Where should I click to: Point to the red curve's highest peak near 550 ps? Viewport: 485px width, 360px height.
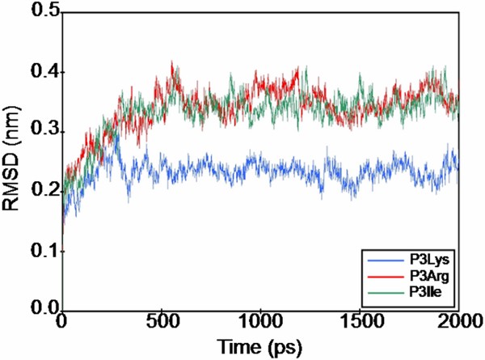(171, 61)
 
